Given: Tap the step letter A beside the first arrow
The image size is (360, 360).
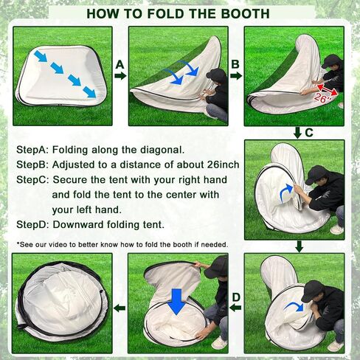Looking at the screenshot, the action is pyautogui.click(x=120, y=65).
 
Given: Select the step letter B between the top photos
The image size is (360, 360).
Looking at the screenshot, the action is pyautogui.click(x=235, y=64).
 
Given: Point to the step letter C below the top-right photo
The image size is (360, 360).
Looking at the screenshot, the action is pyautogui.click(x=309, y=133).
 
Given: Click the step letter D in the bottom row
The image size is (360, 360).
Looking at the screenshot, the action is pyautogui.click(x=236, y=297).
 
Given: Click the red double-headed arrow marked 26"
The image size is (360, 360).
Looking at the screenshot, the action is pyautogui.click(x=328, y=90).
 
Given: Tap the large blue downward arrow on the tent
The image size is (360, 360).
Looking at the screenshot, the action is pyautogui.click(x=176, y=302).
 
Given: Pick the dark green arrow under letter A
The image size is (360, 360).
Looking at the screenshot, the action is pyautogui.click(x=120, y=75).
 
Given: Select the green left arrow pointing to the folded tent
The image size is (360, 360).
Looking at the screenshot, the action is pyautogui.click(x=120, y=308).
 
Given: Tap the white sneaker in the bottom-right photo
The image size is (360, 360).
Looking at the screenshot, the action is pyautogui.click(x=336, y=346).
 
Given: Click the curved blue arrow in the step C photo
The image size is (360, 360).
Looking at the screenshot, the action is pyautogui.click(x=286, y=193).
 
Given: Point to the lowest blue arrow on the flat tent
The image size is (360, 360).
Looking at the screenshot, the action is pyautogui.click(x=90, y=92).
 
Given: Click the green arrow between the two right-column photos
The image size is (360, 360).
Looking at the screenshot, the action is pyautogui.click(x=299, y=246).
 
